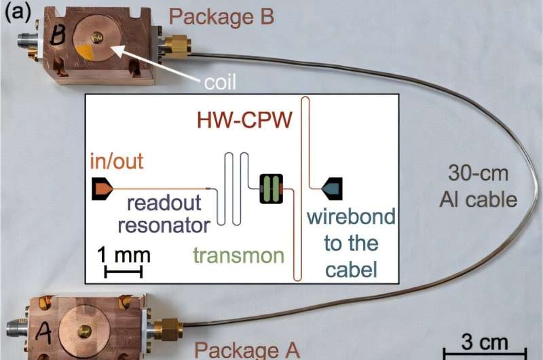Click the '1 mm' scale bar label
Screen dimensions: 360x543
tap(124, 255)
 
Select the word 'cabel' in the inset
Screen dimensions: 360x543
tap(350, 270)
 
